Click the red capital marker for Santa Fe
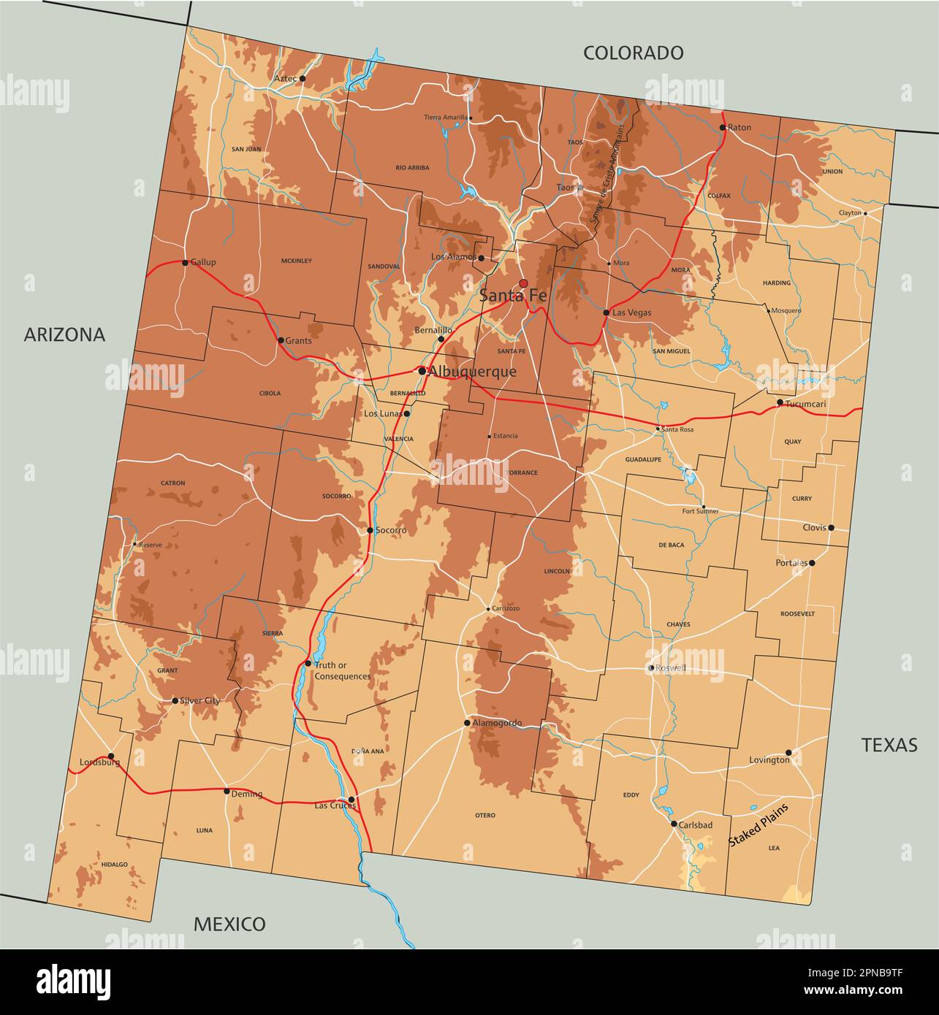pyautogui.click(x=523, y=283)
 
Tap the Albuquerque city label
pyautogui.click(x=472, y=372)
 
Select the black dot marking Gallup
pyautogui.click(x=185, y=263)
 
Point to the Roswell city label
pyautogui.click(x=671, y=668)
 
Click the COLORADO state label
pyautogui.click(x=633, y=53)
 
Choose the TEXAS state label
pyautogui.click(x=889, y=745)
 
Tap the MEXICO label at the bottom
pyautogui.click(x=229, y=924)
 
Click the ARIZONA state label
pyautogui.click(x=64, y=334)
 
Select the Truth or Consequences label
pyautogui.click(x=342, y=670)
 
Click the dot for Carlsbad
pyautogui.click(x=674, y=824)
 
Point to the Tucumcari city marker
pyautogui.click(x=780, y=402)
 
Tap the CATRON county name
pyautogui.click(x=173, y=483)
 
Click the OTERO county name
pyautogui.click(x=484, y=815)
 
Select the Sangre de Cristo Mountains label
pyautogui.click(x=608, y=174)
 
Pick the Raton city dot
pyautogui.click(x=722, y=127)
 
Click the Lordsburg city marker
pyautogui.click(x=111, y=757)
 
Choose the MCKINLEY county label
pyautogui.click(x=296, y=261)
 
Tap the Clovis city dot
pyautogui.click(x=831, y=527)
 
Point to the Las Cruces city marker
pyautogui.click(x=351, y=800)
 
